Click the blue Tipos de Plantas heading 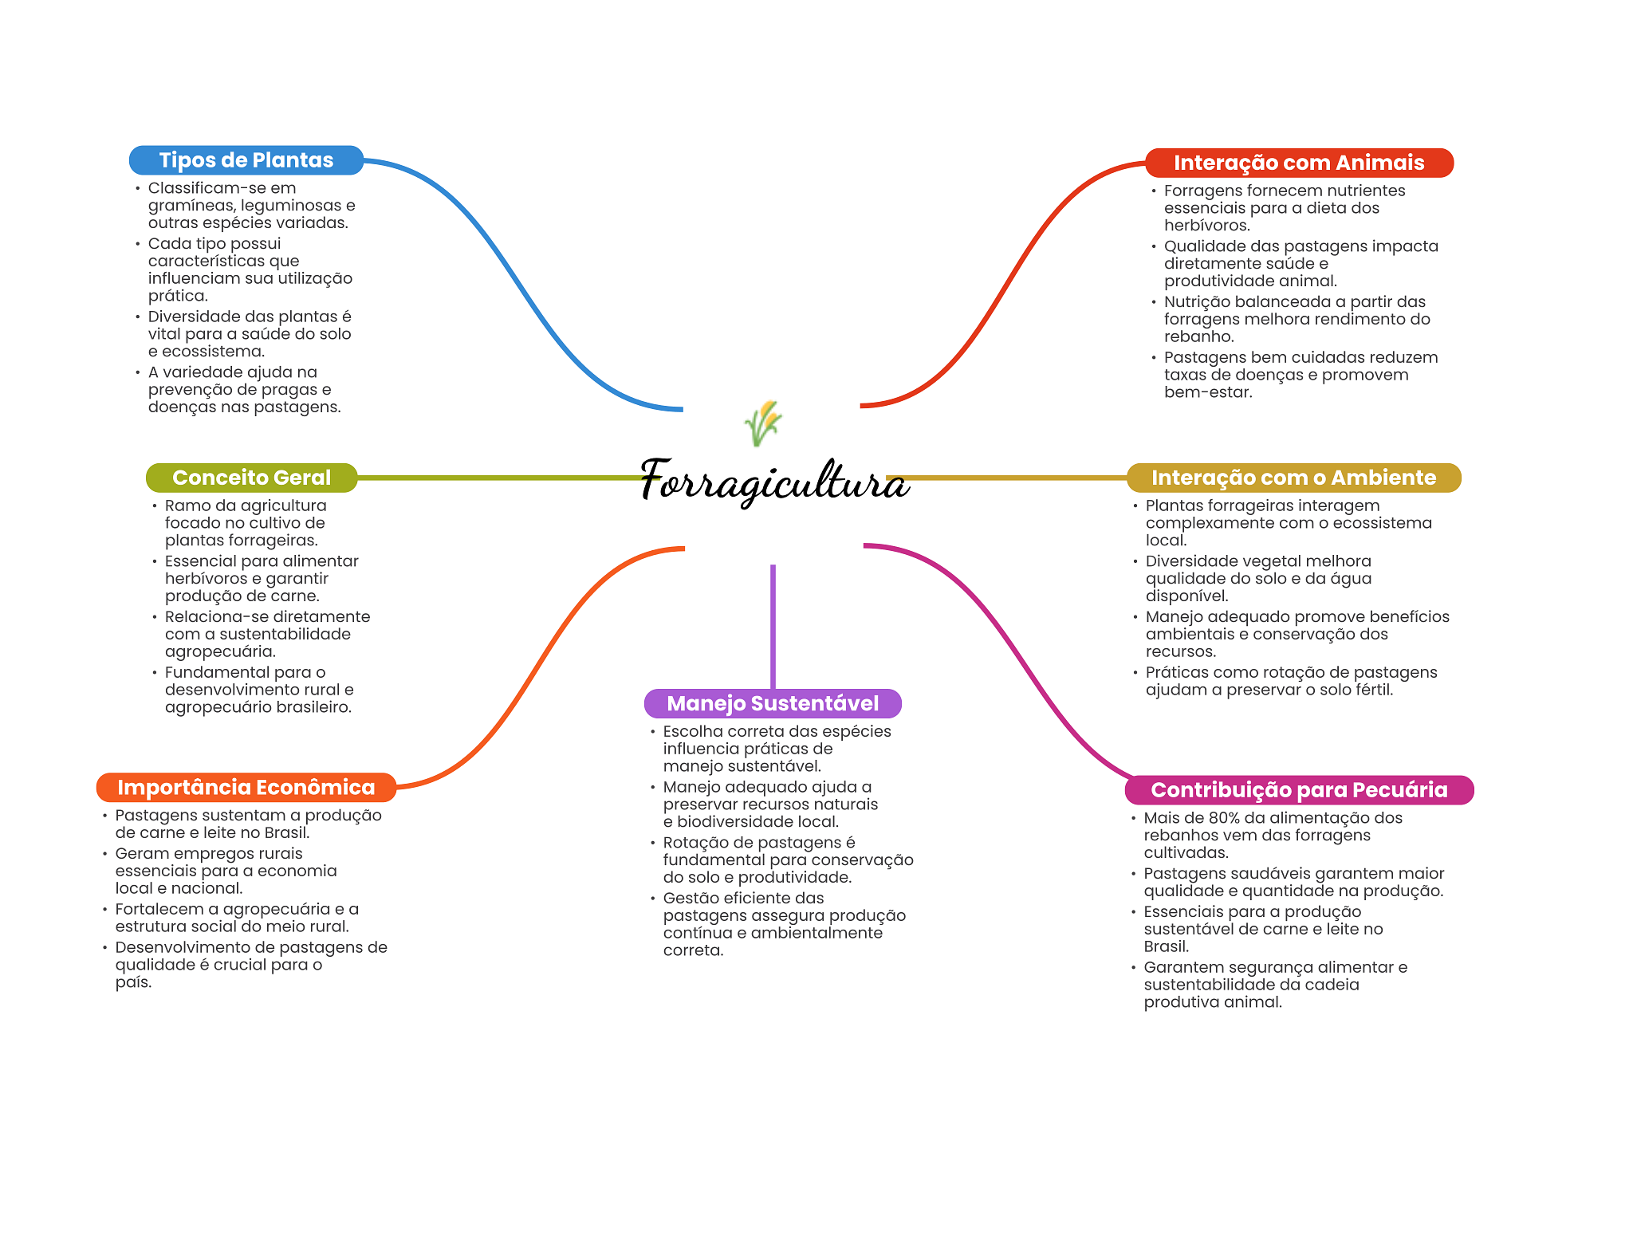pos(246,160)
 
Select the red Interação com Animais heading pos(1298,163)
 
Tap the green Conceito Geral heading pos(251,478)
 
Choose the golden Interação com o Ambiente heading pos(1293,478)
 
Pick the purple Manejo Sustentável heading pos(772,703)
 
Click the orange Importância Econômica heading pos(246,788)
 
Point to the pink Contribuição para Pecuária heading pos(1298,790)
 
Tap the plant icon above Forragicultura pos(763,423)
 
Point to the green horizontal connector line pos(494,478)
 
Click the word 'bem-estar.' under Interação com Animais pos(1207,392)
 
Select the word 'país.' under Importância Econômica pos(133,982)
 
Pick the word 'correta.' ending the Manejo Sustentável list pos(693,950)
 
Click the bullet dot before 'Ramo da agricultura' pos(155,506)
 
